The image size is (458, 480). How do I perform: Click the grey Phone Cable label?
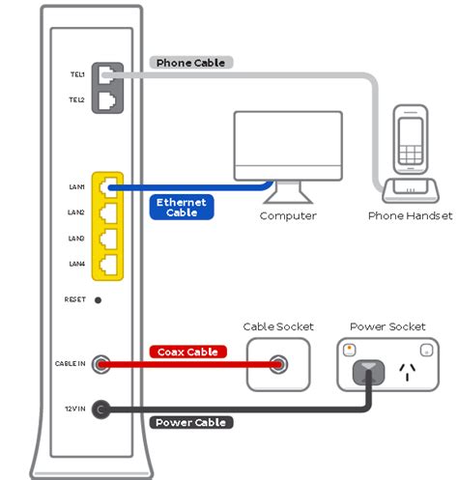[x=191, y=63]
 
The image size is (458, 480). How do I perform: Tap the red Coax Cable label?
[x=188, y=352]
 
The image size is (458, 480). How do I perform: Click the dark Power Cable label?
[x=190, y=422]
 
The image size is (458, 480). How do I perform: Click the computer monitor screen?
[x=288, y=145]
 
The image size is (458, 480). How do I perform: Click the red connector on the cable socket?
[x=280, y=364]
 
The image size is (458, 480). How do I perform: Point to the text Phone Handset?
[x=410, y=215]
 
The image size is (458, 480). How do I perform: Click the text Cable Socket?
[x=278, y=326]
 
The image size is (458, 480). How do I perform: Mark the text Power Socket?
[x=386, y=326]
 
